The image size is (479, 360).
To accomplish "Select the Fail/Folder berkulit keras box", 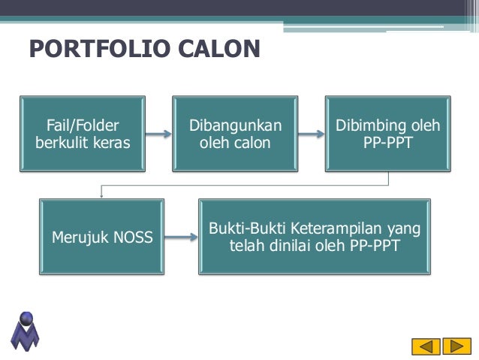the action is click(x=83, y=134).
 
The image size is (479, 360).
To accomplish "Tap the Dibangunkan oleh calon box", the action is click(x=235, y=134).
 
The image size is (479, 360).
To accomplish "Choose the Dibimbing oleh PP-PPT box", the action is click(x=387, y=134).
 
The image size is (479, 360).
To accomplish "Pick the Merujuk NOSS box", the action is click(x=101, y=237).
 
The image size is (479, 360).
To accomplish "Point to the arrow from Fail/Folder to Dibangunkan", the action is click(x=158, y=135).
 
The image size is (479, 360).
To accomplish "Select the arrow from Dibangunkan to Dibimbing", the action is click(x=311, y=135).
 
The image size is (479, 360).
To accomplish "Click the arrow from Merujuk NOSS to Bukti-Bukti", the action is click(x=180, y=238).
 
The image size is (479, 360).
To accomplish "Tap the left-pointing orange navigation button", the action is click(x=426, y=346).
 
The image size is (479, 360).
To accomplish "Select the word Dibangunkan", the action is click(x=235, y=125).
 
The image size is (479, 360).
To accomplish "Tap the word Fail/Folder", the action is click(x=83, y=125).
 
